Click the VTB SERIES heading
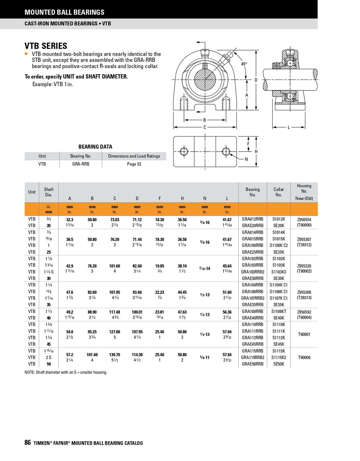(46, 46)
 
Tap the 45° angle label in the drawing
(244, 64)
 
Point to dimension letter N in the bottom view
(246, 159)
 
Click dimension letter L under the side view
(289, 127)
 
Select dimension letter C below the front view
(205, 127)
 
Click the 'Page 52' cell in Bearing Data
(134, 164)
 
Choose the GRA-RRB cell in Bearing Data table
(81, 164)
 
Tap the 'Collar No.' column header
(279, 192)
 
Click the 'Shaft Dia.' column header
(49, 192)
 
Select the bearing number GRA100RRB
(252, 245)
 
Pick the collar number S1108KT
(279, 311)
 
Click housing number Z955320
(304, 266)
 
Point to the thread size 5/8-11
(204, 358)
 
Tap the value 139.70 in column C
(114, 355)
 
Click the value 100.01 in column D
(137, 312)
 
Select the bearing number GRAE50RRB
(252, 364)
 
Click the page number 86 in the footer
(28, 443)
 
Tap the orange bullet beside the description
(26, 54)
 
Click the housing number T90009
(304, 358)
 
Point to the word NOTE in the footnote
(30, 372)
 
